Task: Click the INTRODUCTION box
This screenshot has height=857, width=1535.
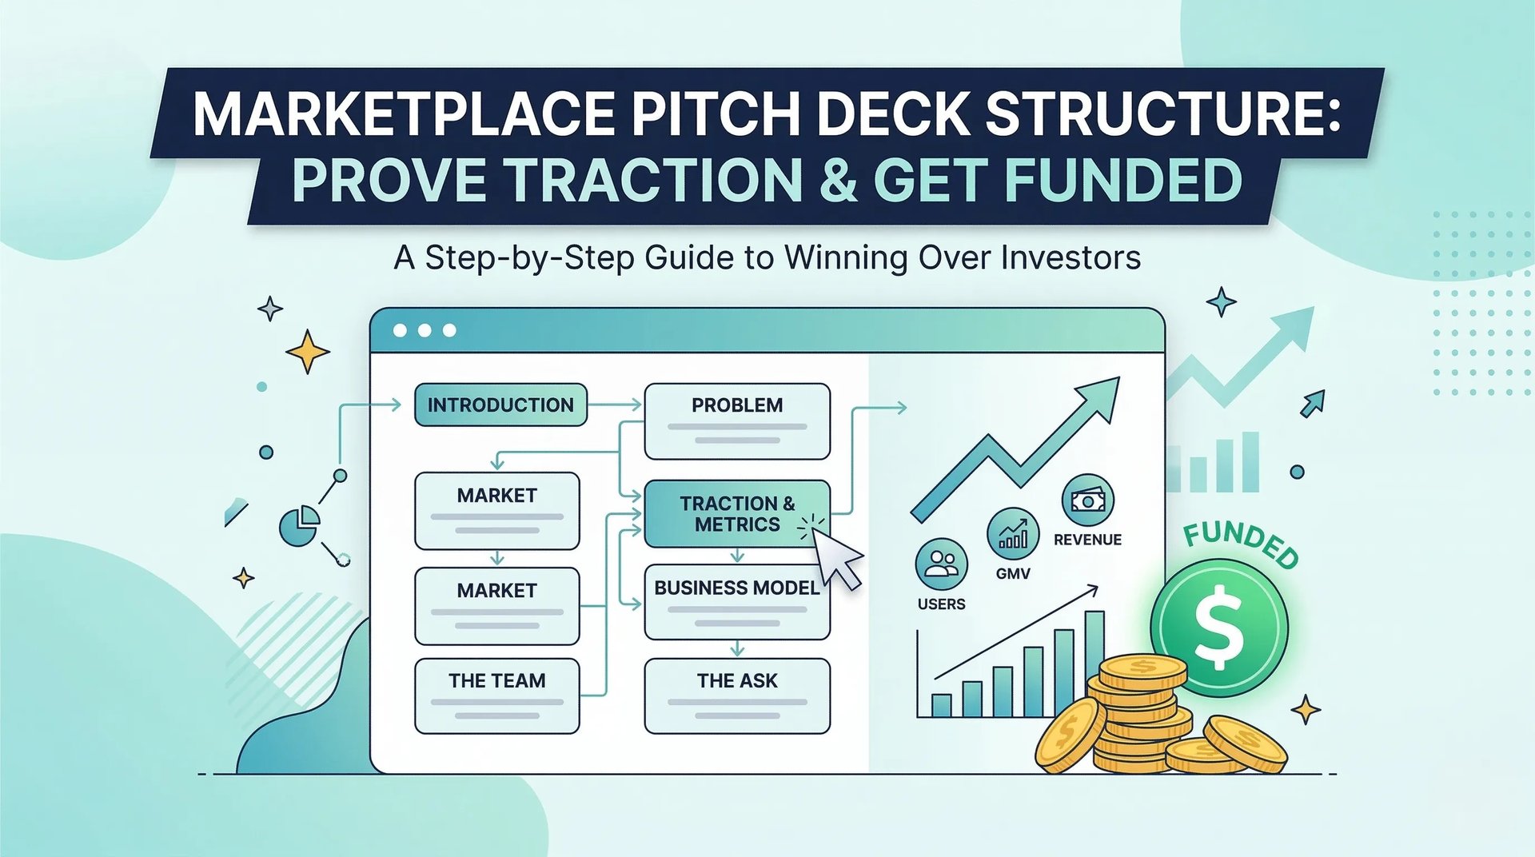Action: [x=500, y=405]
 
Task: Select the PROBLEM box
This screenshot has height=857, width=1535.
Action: [x=737, y=421]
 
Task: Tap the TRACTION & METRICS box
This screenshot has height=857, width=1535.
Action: [x=736, y=514]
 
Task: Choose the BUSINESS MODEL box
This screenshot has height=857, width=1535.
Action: [x=736, y=602]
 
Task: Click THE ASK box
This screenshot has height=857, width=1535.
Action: [x=736, y=695]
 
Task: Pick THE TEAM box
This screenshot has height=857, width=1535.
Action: [x=496, y=695]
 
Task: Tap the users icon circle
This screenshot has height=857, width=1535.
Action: [x=941, y=564]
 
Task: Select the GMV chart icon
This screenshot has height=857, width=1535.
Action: [x=1013, y=533]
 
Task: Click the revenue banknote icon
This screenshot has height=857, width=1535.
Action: [x=1087, y=501]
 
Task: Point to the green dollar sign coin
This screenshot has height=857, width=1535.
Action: [x=1218, y=627]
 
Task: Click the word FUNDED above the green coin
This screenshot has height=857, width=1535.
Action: [x=1241, y=544]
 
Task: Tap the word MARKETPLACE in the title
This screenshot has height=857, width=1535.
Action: [x=403, y=114]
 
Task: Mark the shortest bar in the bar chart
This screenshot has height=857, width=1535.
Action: [x=942, y=705]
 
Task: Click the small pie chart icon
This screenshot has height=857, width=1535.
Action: [x=299, y=526]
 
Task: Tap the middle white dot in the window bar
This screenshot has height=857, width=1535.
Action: [x=425, y=330]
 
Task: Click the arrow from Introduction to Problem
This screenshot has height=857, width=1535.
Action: [x=616, y=405]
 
